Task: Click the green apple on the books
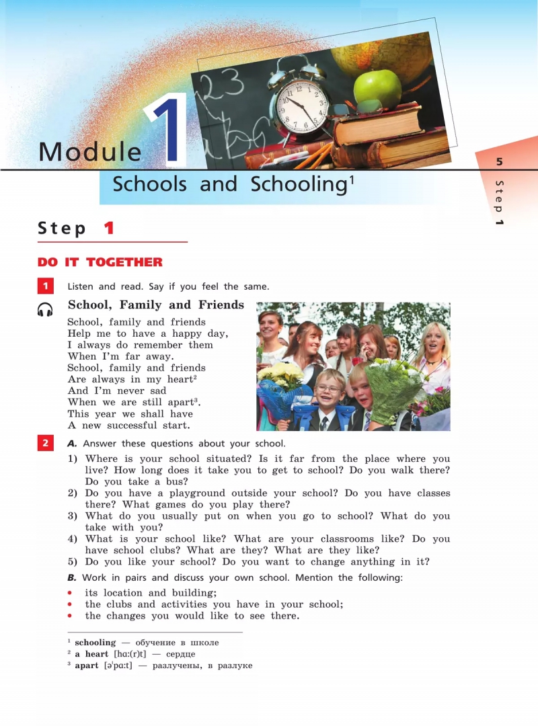377,89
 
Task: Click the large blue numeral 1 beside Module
166,131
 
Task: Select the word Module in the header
90,152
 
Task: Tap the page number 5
499,161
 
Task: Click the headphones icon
45,309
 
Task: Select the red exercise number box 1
45,286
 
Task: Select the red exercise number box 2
45,443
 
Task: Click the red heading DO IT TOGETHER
100,262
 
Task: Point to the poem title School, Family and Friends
156,305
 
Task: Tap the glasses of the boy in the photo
329,389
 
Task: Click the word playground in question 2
175,493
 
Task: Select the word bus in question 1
176,481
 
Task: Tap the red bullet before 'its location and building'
70,593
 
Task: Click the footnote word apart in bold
86,665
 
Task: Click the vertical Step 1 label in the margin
499,202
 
